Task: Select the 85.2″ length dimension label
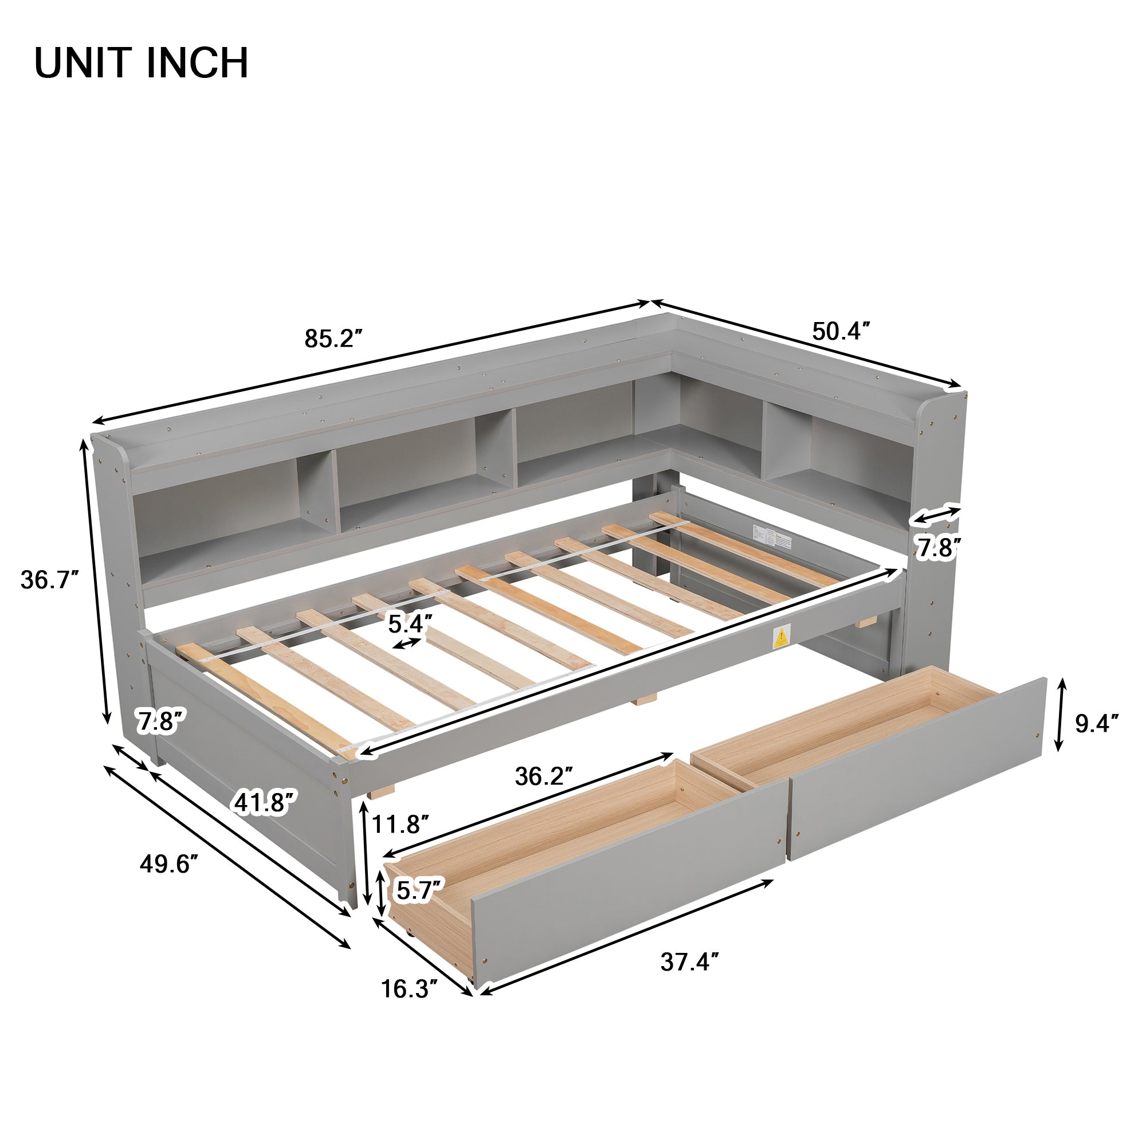click(333, 339)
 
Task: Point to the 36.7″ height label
click(50, 579)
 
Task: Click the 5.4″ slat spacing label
click(410, 623)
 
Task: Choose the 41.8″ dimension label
click(265, 803)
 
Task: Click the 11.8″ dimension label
click(401, 824)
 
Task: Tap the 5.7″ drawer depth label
click(420, 890)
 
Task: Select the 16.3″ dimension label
click(409, 989)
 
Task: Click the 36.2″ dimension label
click(544, 776)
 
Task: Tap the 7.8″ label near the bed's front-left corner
click(158, 722)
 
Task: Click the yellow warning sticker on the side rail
click(781, 637)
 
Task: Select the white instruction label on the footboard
click(772, 536)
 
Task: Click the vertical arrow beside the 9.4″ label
click(1061, 715)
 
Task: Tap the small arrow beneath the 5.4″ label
click(407, 643)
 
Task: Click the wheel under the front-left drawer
click(409, 936)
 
